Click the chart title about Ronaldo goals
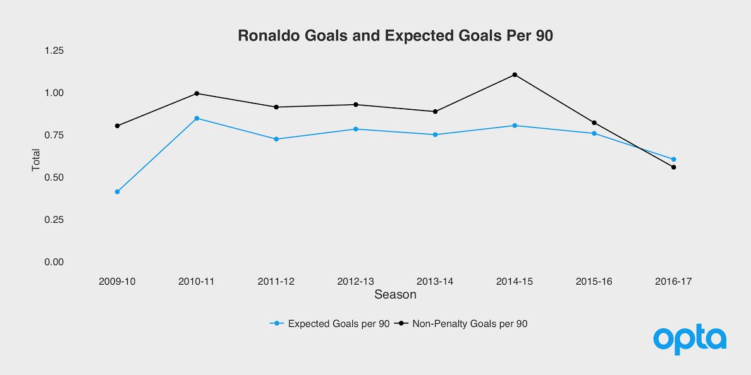[395, 36]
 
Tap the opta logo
[690, 339]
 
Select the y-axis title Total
[36, 160]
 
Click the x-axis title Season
[395, 295]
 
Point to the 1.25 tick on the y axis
[54, 51]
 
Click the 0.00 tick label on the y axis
[54, 262]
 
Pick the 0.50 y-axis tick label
[54, 177]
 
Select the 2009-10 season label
[117, 282]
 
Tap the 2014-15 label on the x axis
[515, 282]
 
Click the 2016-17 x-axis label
[673, 282]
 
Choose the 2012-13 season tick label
[355, 282]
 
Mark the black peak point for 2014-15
[515, 74]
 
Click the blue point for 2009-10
[117, 192]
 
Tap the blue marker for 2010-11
[197, 118]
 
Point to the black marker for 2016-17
[673, 167]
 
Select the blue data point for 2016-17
[673, 159]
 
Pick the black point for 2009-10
[117, 126]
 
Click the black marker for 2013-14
[435, 112]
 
